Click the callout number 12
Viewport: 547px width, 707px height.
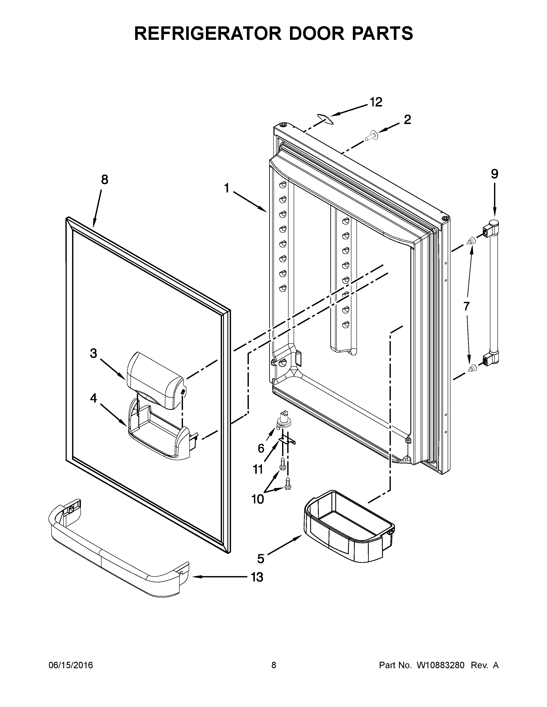[x=376, y=102]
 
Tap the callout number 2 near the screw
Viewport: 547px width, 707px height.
[x=407, y=120]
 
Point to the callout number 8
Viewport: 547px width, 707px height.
[x=104, y=180]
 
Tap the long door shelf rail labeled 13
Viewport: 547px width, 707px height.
[x=117, y=557]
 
